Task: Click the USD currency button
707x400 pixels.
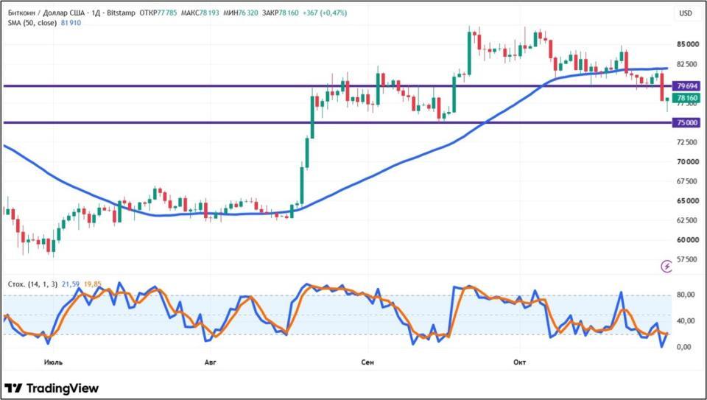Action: [x=686, y=13]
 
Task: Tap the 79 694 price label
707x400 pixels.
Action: [x=686, y=85]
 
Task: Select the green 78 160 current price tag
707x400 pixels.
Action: [x=686, y=98]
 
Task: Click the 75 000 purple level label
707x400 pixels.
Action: [x=686, y=123]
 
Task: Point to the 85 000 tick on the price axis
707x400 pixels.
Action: [x=686, y=44]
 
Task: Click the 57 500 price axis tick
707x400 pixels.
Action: [x=686, y=259]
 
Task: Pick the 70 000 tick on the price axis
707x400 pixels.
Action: [x=686, y=161]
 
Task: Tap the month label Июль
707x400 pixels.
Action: [x=54, y=362]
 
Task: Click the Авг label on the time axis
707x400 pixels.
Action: [x=211, y=362]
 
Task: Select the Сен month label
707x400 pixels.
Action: [x=368, y=362]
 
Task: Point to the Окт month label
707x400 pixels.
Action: [x=520, y=362]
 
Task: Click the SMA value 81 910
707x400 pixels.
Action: [x=70, y=23]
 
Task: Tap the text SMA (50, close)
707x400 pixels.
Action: [x=32, y=23]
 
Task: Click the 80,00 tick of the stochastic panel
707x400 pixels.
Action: [x=686, y=295]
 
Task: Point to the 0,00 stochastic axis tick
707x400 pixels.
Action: [x=686, y=347]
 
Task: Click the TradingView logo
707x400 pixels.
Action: [x=52, y=388]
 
